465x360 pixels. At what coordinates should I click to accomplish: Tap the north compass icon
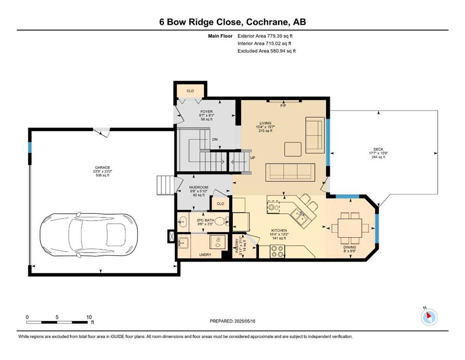tap(429, 317)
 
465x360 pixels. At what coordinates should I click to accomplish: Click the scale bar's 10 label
tap(89, 317)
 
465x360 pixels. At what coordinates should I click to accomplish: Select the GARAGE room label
tap(103, 167)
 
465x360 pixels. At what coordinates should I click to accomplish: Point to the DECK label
tap(378, 149)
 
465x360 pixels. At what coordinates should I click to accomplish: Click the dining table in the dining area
tap(350, 228)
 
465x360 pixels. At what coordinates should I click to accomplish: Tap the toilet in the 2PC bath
tap(221, 221)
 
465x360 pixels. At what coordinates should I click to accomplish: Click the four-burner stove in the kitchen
tap(277, 251)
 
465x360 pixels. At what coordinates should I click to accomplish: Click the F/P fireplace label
tap(283, 106)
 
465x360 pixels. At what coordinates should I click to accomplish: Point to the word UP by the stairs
tap(252, 158)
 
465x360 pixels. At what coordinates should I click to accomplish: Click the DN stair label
tap(215, 140)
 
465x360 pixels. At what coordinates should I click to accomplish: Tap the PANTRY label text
tap(236, 246)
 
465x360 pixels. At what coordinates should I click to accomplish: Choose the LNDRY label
tap(205, 255)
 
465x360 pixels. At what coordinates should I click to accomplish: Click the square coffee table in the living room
tap(293, 149)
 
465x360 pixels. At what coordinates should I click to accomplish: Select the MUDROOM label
tap(199, 187)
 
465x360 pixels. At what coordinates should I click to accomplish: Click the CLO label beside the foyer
tap(191, 91)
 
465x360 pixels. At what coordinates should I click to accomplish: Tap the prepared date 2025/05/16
tap(244, 321)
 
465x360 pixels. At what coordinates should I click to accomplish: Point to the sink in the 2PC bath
tap(183, 221)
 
